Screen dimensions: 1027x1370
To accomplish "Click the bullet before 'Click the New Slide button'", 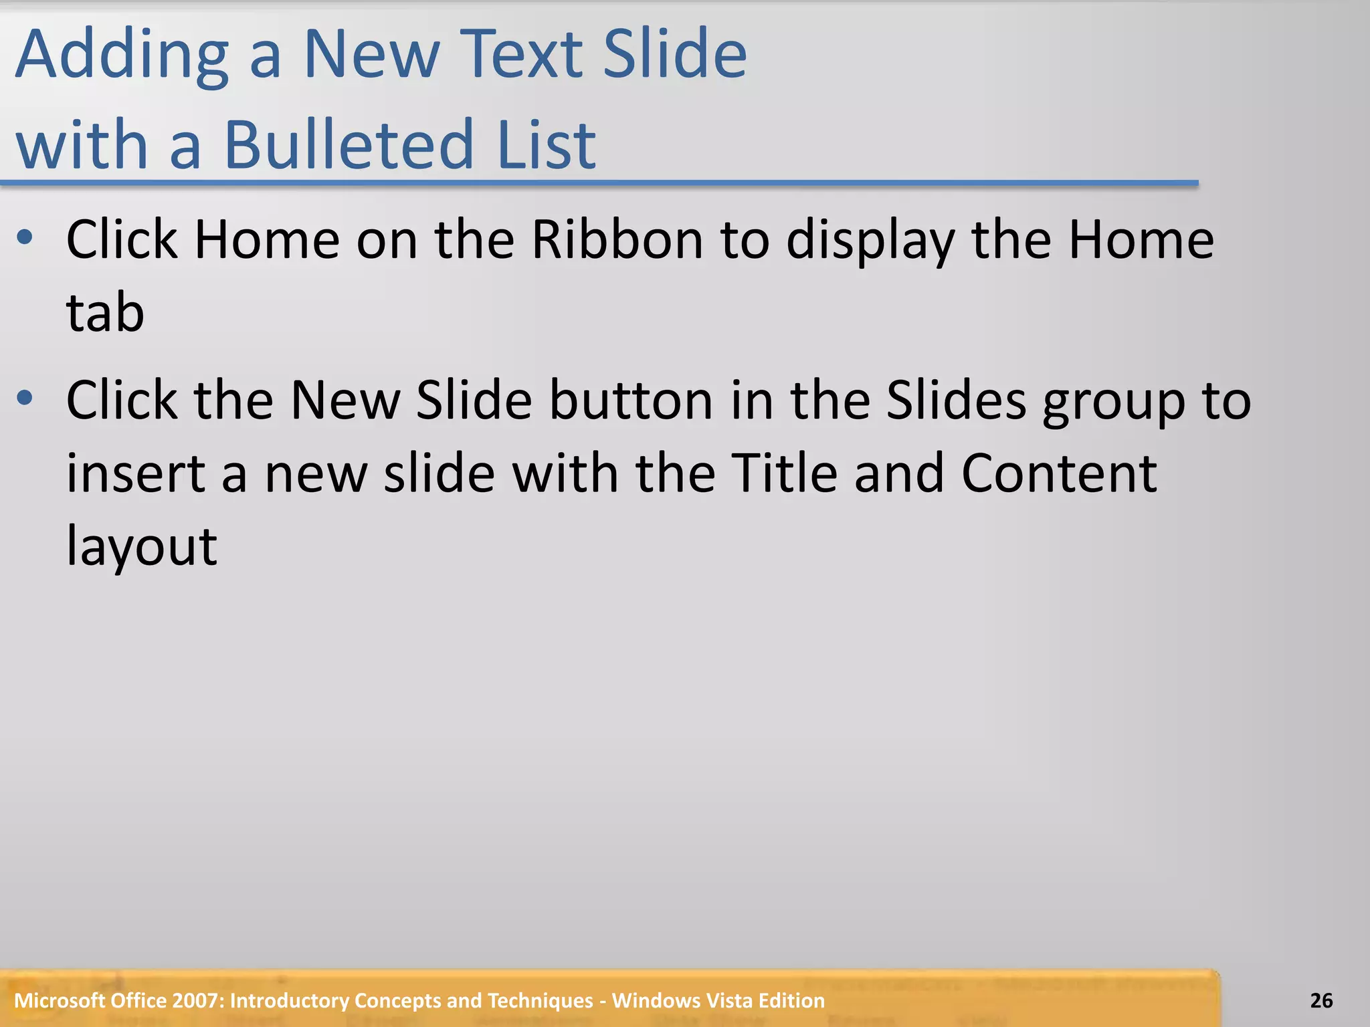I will (25, 398).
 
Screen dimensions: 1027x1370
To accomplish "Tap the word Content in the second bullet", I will (1059, 473).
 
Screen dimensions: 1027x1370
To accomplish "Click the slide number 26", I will (1321, 1001).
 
